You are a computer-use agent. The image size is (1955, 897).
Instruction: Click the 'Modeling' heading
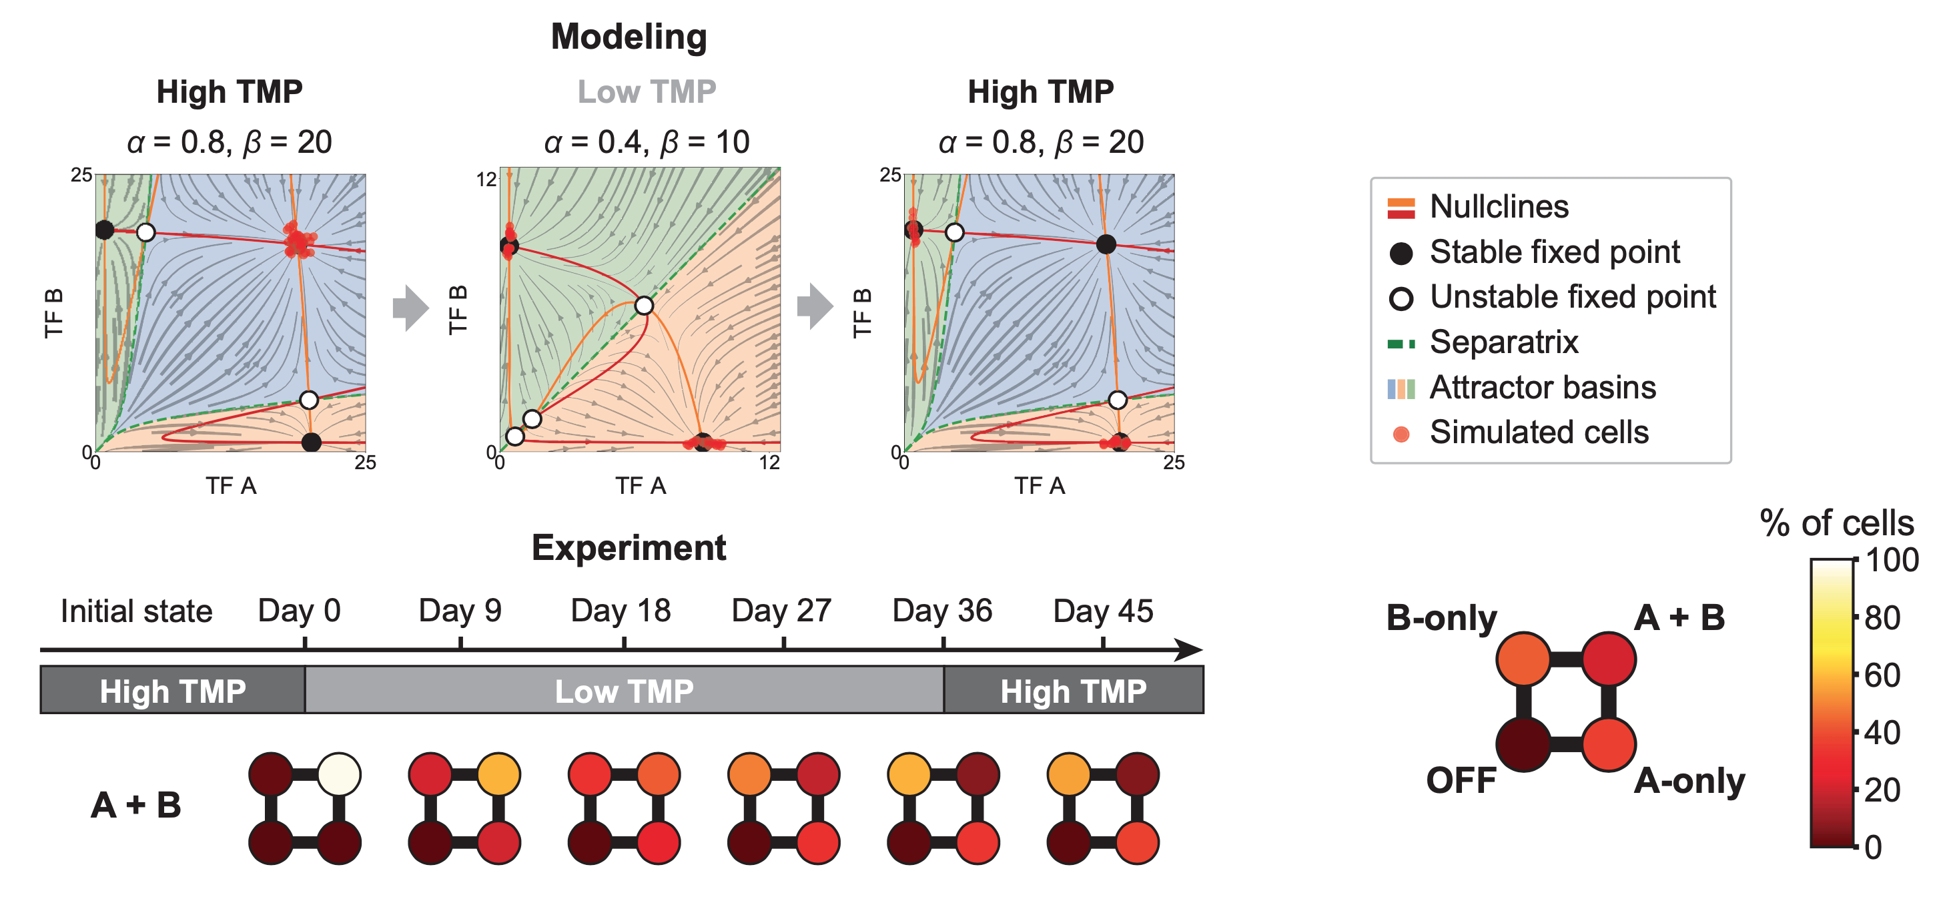(629, 37)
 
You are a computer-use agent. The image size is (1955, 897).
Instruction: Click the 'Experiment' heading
(629, 547)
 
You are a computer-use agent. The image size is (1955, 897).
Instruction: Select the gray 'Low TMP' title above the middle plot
(647, 92)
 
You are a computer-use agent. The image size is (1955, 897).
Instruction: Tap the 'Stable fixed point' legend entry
(1553, 252)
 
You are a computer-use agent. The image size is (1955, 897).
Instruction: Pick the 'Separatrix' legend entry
(1503, 342)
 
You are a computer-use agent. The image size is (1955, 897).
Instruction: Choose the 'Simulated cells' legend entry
(1539, 432)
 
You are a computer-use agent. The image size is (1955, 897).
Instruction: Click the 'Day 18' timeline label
(621, 610)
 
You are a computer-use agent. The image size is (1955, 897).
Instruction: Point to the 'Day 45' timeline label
(1103, 610)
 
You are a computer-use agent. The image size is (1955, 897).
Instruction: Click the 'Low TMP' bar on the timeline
(624, 691)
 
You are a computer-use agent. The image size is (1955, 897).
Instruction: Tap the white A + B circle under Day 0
(339, 774)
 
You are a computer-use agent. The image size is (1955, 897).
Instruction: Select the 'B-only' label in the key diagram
(1441, 618)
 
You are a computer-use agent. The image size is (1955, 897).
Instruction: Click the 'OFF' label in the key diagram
(1461, 780)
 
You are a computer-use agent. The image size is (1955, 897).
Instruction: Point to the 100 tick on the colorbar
(1892, 560)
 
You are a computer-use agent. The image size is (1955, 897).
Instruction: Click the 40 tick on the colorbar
(1882, 732)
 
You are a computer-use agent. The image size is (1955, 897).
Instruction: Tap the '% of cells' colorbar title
(1837, 523)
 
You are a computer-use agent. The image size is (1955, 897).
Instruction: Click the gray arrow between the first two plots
(410, 308)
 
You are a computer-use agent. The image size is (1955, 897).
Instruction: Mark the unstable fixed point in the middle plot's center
(644, 306)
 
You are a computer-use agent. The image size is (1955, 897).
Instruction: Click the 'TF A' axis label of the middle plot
(641, 486)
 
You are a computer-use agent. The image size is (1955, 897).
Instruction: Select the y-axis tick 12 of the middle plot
(486, 179)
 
